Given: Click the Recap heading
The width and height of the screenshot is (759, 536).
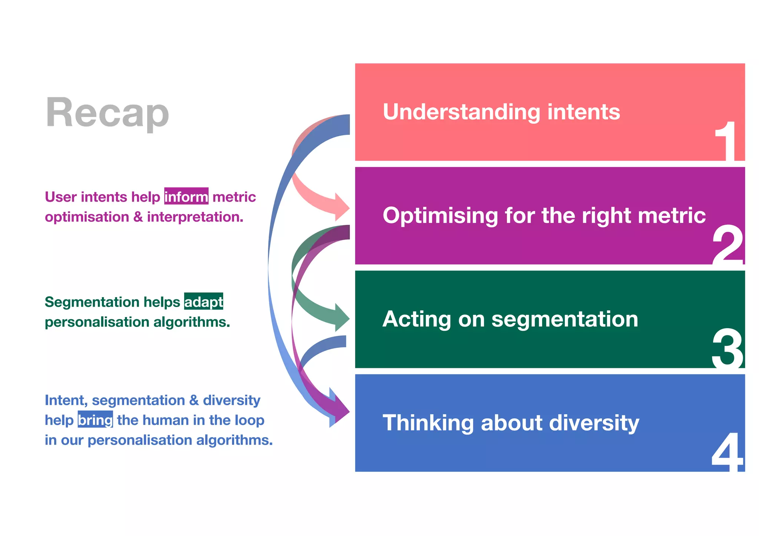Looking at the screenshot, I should tap(107, 112).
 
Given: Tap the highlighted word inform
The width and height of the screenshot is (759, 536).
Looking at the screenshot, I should tap(186, 197).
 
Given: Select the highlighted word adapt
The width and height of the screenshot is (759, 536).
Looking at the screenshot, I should tap(203, 302).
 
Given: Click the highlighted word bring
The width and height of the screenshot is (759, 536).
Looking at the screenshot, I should tap(95, 420).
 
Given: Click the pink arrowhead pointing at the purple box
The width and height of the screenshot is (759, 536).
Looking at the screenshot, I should tap(342, 208).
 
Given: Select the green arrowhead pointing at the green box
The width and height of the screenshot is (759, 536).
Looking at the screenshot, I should tap(342, 318).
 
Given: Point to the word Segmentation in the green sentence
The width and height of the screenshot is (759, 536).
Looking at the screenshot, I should tap(92, 302).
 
